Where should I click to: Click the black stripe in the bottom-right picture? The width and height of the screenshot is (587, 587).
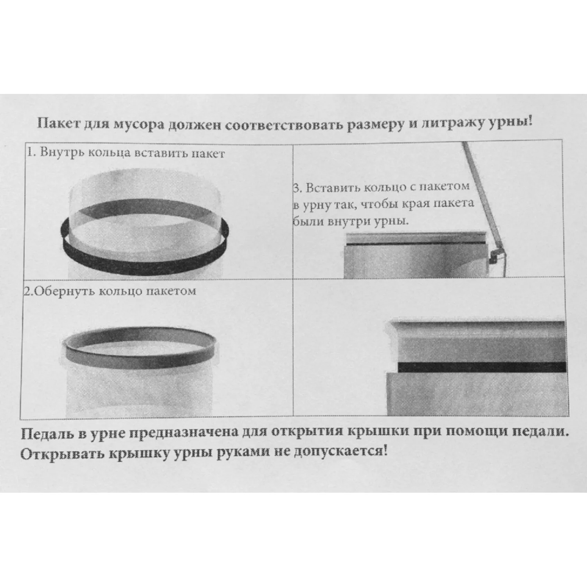click(x=482, y=367)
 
